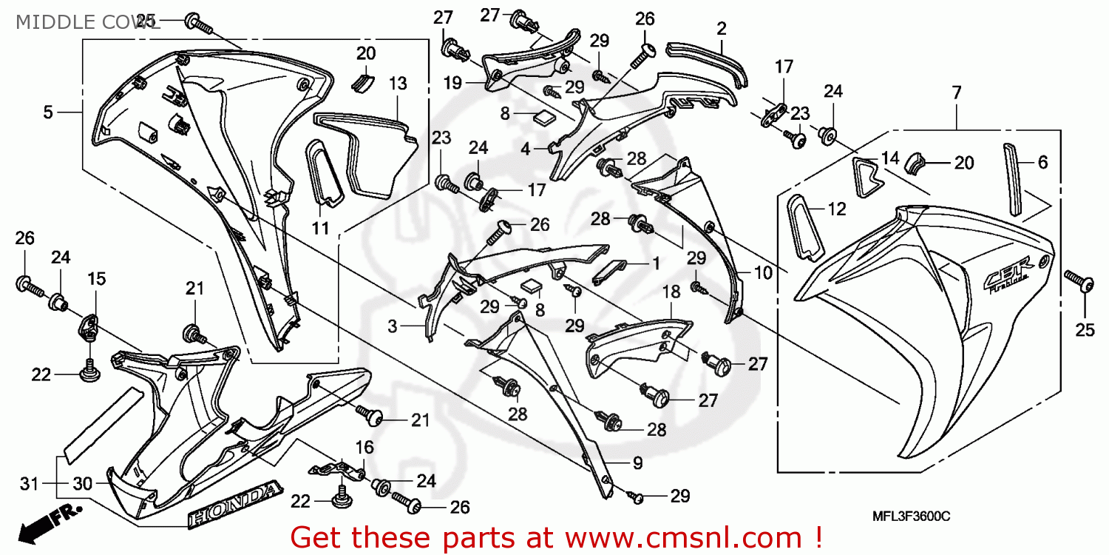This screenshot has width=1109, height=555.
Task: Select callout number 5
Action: click(x=48, y=112)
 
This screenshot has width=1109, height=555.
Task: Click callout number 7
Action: click(x=957, y=92)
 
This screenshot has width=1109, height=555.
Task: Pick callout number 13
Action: click(x=398, y=84)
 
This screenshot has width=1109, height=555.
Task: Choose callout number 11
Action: click(x=319, y=229)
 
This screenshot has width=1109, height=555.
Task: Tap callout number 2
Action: click(x=721, y=29)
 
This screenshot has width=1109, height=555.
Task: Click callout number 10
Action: click(x=763, y=272)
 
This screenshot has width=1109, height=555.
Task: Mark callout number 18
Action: click(x=671, y=292)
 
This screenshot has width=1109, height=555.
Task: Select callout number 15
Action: click(x=97, y=279)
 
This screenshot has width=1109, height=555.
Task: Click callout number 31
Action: click(x=28, y=484)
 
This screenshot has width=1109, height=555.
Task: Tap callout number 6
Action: click(x=1042, y=163)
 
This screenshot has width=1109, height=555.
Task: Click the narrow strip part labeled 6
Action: click(x=1011, y=179)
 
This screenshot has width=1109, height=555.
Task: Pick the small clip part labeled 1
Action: click(x=611, y=270)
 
